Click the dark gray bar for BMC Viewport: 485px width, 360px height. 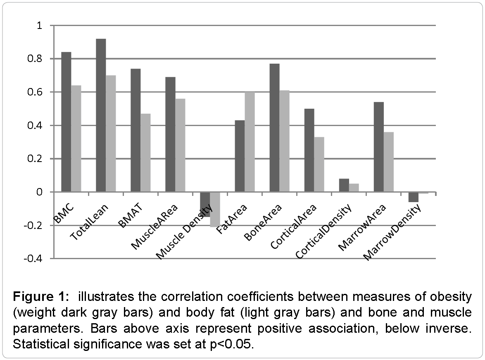click(x=66, y=122)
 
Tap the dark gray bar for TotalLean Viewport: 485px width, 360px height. click(x=101, y=115)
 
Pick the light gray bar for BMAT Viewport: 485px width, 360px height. click(x=145, y=153)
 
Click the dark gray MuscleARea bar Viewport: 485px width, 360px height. click(x=170, y=134)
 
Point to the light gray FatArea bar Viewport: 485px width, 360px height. click(x=250, y=142)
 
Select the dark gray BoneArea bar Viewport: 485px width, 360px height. click(x=274, y=128)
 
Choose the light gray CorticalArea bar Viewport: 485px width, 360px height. click(x=319, y=164)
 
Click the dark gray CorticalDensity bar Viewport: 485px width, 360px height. click(x=344, y=185)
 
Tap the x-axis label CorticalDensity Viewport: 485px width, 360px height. click(x=325, y=231)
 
